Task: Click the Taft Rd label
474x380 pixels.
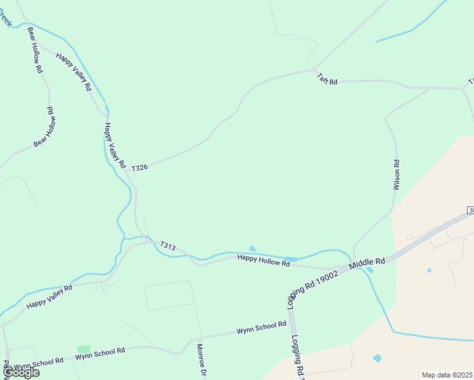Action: pyautogui.click(x=327, y=80)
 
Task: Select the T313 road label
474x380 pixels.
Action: pyautogui.click(x=168, y=245)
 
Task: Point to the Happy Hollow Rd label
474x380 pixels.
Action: pyautogui.click(x=259, y=259)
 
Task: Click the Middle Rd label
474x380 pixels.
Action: pyautogui.click(x=367, y=261)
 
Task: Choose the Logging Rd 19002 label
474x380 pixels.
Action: pyautogui.click(x=316, y=286)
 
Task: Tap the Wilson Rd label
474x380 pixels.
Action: pyautogui.click(x=397, y=175)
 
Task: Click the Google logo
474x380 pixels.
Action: pyautogui.click(x=20, y=372)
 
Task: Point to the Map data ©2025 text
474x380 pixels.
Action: pyautogui.click(x=447, y=375)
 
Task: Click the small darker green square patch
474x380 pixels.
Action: pyautogui.click(x=84, y=350)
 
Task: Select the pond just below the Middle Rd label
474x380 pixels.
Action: pyautogui.click(x=370, y=270)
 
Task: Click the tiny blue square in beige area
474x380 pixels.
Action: pyautogui.click(x=429, y=270)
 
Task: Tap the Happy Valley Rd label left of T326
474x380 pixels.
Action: pyautogui.click(x=115, y=145)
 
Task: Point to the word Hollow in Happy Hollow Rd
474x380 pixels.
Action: pyautogui.click(x=259, y=259)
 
